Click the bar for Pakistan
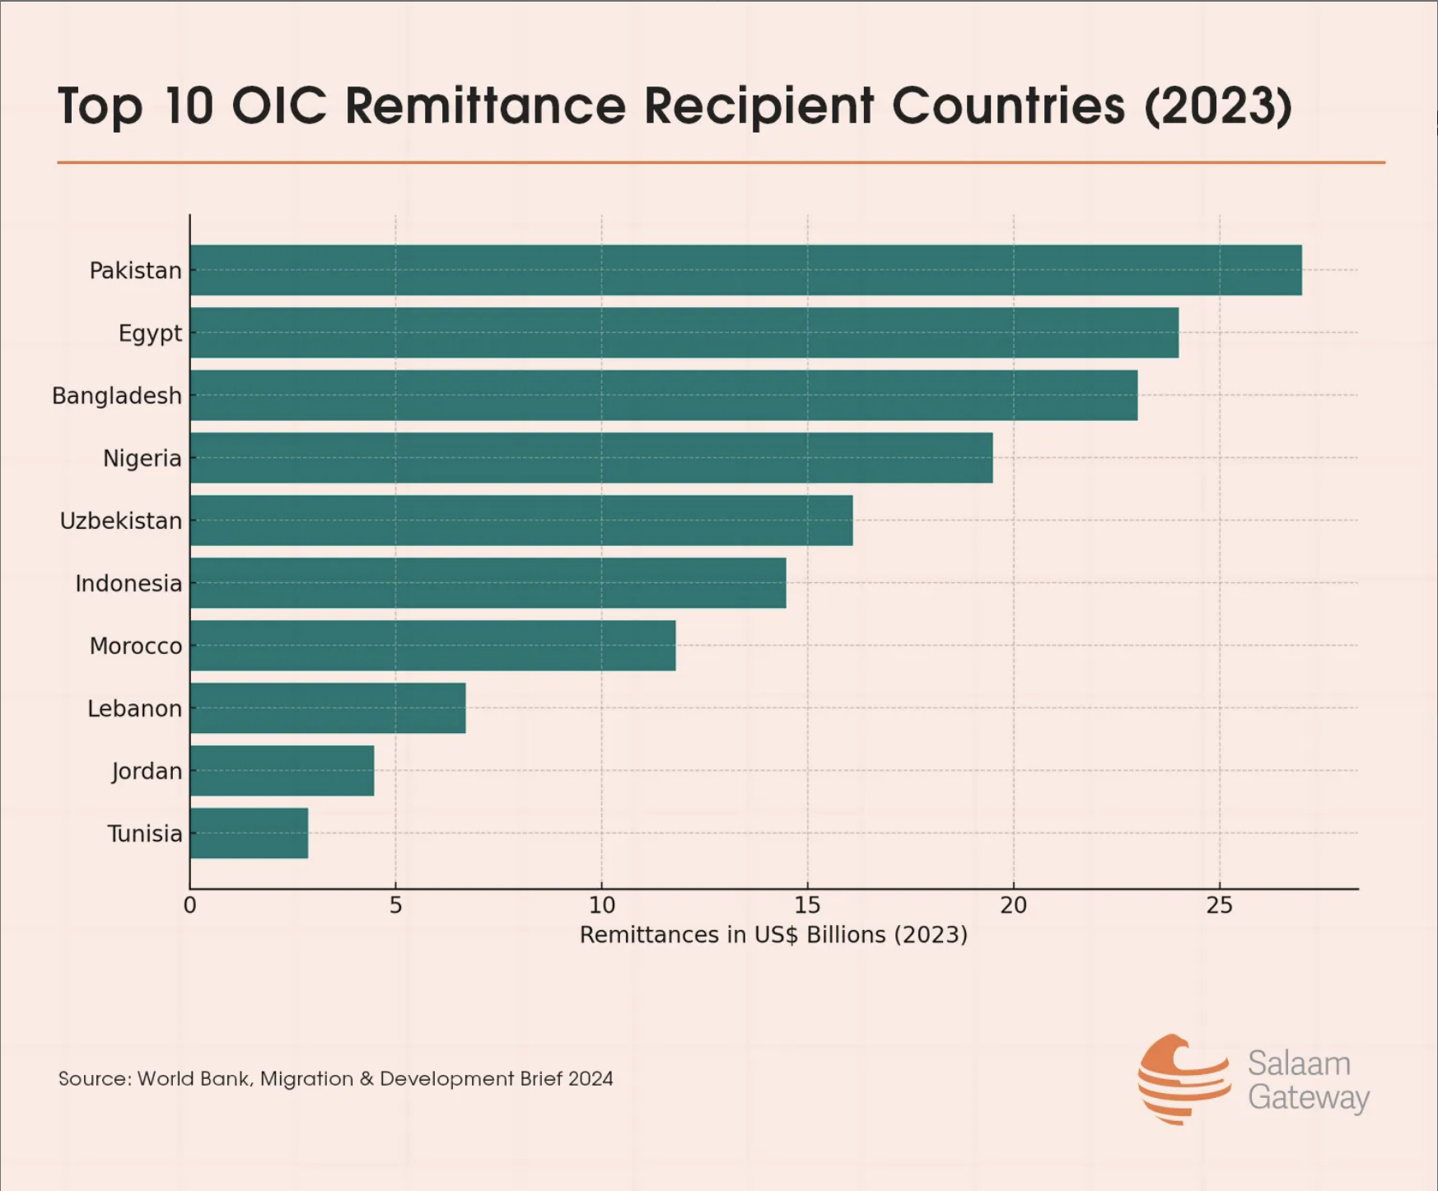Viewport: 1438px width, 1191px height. (745, 270)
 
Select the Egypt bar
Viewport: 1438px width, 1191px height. (684, 333)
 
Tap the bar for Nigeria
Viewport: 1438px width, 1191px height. (591, 458)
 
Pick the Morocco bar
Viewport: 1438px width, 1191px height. (432, 646)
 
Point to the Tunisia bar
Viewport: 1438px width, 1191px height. (249, 834)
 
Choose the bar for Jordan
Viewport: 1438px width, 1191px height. (282, 771)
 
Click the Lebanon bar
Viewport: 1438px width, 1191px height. (328, 708)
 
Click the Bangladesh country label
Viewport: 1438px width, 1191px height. (117, 396)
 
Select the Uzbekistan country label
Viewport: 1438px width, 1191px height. (121, 521)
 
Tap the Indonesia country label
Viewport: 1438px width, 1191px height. (128, 584)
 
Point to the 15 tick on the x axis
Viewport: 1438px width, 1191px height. (807, 905)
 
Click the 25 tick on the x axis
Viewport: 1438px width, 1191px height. (1219, 905)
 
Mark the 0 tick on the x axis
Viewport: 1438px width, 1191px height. (190, 905)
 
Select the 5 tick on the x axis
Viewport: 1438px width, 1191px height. (395, 905)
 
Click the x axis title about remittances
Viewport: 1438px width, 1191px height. (773, 935)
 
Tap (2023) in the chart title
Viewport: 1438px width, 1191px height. (1218, 105)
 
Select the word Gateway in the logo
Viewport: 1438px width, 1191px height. (1308, 1098)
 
